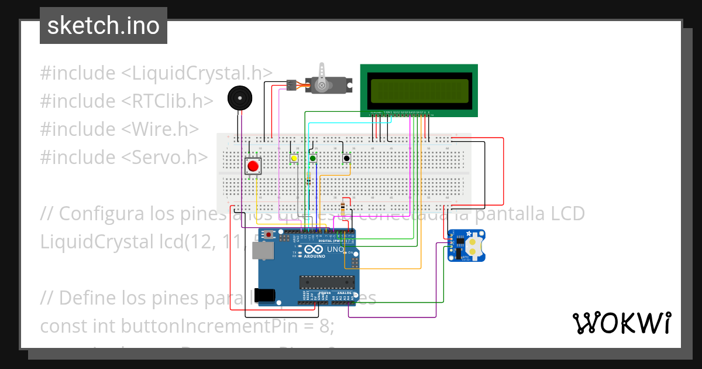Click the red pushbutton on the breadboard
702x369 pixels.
coord(253,166)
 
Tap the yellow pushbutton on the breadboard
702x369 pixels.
coord(294,158)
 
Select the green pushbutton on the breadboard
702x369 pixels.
coord(313,158)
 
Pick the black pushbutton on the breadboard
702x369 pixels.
coord(347,158)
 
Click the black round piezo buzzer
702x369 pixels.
coord(240,97)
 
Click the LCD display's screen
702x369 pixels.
coord(419,90)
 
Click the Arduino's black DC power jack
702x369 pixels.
coord(267,293)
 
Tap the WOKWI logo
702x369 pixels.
coord(621,323)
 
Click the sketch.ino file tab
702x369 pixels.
coord(104,26)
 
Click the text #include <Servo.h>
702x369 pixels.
coord(124,157)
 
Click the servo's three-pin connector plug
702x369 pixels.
coord(291,86)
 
